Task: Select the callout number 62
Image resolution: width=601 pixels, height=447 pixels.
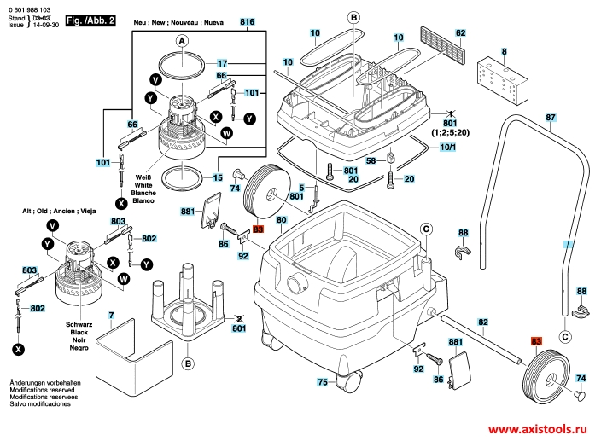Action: click(461, 32)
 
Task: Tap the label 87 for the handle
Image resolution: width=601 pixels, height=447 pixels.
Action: click(551, 117)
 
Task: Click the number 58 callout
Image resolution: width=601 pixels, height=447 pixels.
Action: click(371, 160)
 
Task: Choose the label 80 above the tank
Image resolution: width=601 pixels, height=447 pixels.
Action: click(281, 220)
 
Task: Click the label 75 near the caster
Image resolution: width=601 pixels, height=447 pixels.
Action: click(322, 382)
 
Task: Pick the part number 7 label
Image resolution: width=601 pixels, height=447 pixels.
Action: click(111, 316)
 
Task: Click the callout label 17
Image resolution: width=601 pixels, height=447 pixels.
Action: click(221, 64)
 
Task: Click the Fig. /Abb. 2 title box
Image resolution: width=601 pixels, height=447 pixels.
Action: click(88, 19)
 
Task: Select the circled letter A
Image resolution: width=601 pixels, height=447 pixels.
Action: click(181, 40)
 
